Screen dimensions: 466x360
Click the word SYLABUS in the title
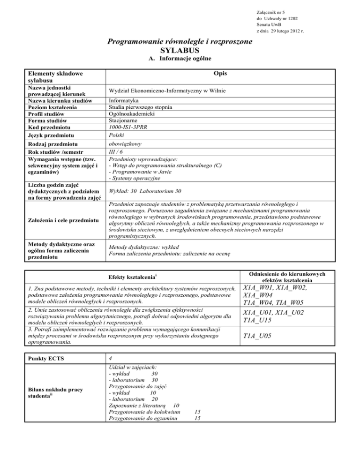click(x=180, y=50)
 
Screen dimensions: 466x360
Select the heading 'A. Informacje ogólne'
click(x=180, y=59)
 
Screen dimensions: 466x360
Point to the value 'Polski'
click(x=116, y=136)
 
